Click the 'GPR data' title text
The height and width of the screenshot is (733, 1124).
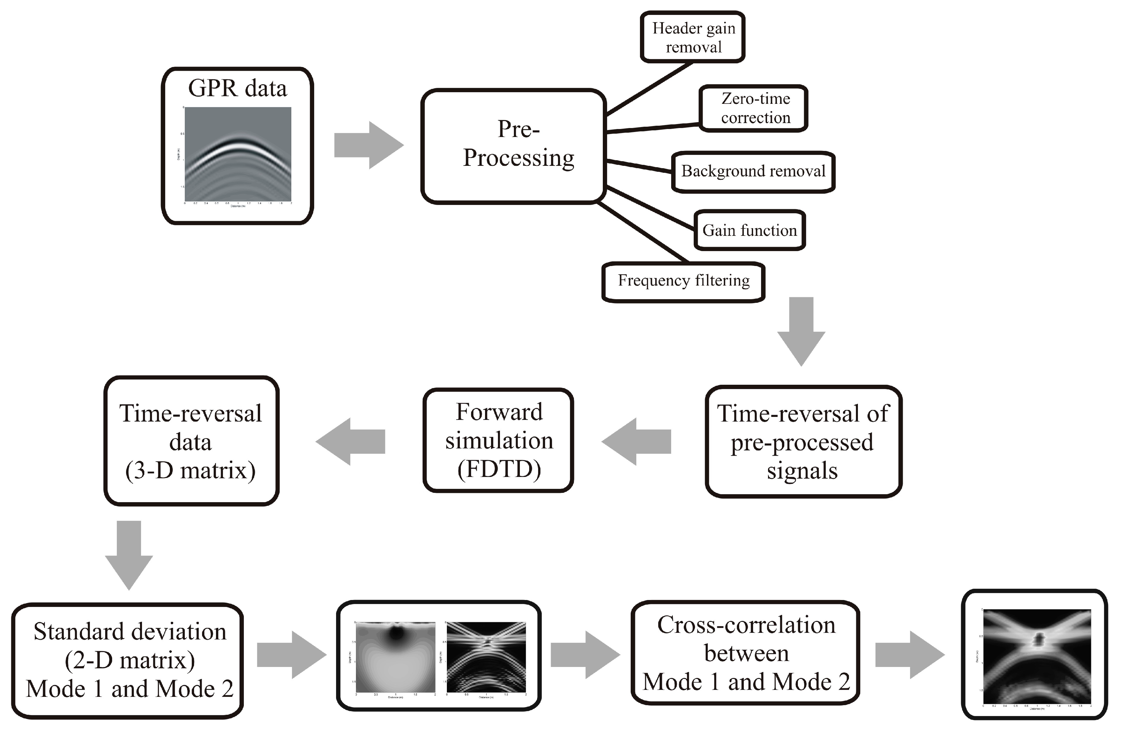point(237,88)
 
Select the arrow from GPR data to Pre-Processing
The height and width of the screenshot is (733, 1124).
point(368,145)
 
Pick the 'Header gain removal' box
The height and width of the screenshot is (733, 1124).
point(692,37)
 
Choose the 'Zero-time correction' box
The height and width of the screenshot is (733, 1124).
point(754,108)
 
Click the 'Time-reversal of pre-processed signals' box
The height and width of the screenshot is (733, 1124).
point(803,441)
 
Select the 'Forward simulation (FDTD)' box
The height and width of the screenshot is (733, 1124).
point(498,440)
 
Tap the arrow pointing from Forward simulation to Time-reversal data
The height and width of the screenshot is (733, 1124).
point(350,441)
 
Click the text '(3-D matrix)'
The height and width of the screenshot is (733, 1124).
point(190,470)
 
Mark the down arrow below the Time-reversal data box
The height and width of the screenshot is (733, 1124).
point(129,555)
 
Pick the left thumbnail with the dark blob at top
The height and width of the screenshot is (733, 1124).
point(395,657)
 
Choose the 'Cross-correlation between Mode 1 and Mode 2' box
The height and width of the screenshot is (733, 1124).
point(745,653)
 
